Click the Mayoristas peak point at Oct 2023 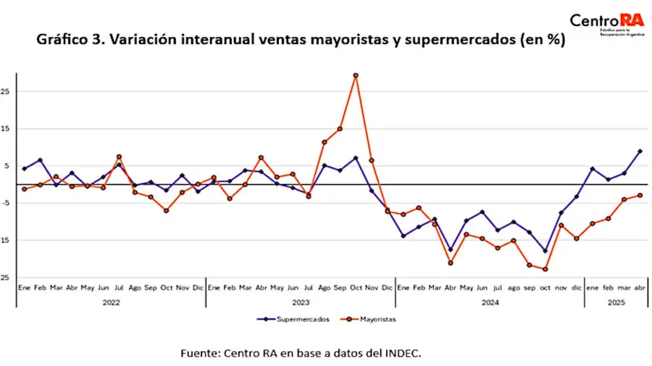point(356,75)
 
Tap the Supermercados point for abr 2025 point(640,151)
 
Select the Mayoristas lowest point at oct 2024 point(545,270)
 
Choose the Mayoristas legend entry point(372,318)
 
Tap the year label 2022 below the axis point(112,302)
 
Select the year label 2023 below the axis point(301,302)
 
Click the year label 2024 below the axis point(490,302)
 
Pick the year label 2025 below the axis point(617,302)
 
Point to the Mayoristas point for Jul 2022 point(120,157)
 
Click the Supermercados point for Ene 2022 point(25,169)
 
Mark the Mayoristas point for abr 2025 point(640,195)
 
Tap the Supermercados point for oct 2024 point(545,251)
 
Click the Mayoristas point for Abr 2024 point(451,262)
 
